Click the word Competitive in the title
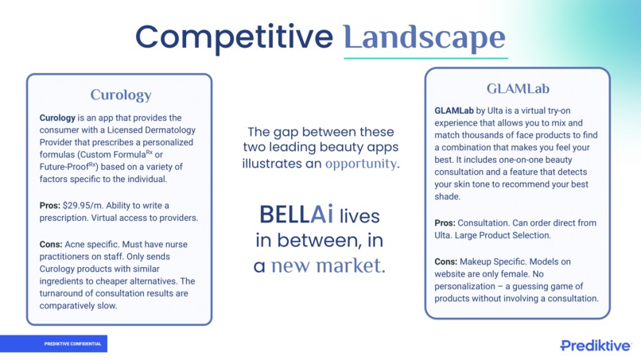[235, 37]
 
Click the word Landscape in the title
[425, 37]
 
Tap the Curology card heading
[120, 95]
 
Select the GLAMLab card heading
[518, 88]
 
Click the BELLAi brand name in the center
[296, 215]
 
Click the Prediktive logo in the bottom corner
[596, 345]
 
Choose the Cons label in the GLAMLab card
[449, 261]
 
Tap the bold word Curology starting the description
[58, 118]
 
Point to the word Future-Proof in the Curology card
[67, 167]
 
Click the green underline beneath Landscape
[425, 57]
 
